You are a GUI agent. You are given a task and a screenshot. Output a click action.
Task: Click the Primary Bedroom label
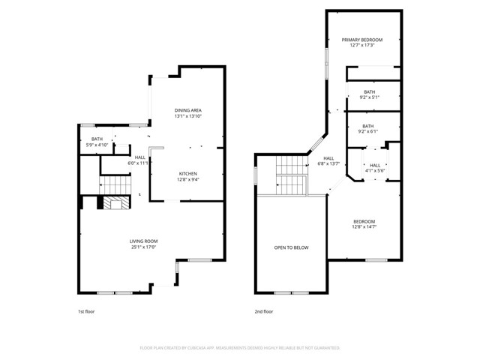[362, 40]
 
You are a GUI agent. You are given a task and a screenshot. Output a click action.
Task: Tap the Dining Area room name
[188, 110]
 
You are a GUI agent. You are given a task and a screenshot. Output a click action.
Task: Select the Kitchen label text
[187, 173]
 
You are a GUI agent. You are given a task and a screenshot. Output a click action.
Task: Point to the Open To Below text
[291, 247]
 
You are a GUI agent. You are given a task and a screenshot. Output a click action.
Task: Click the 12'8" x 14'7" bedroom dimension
[364, 227]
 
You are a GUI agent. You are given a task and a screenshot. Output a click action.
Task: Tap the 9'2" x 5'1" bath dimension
[370, 97]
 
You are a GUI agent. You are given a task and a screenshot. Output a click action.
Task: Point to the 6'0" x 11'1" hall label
[139, 163]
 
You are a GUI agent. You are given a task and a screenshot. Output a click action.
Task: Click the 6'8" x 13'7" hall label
[328, 163]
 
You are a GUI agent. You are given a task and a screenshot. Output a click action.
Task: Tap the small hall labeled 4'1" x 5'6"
[375, 171]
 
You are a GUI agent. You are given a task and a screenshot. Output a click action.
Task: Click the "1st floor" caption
[86, 311]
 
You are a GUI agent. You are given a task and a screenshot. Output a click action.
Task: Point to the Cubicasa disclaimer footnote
[240, 348]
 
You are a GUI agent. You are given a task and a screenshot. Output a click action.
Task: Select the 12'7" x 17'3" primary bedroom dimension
[362, 46]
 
